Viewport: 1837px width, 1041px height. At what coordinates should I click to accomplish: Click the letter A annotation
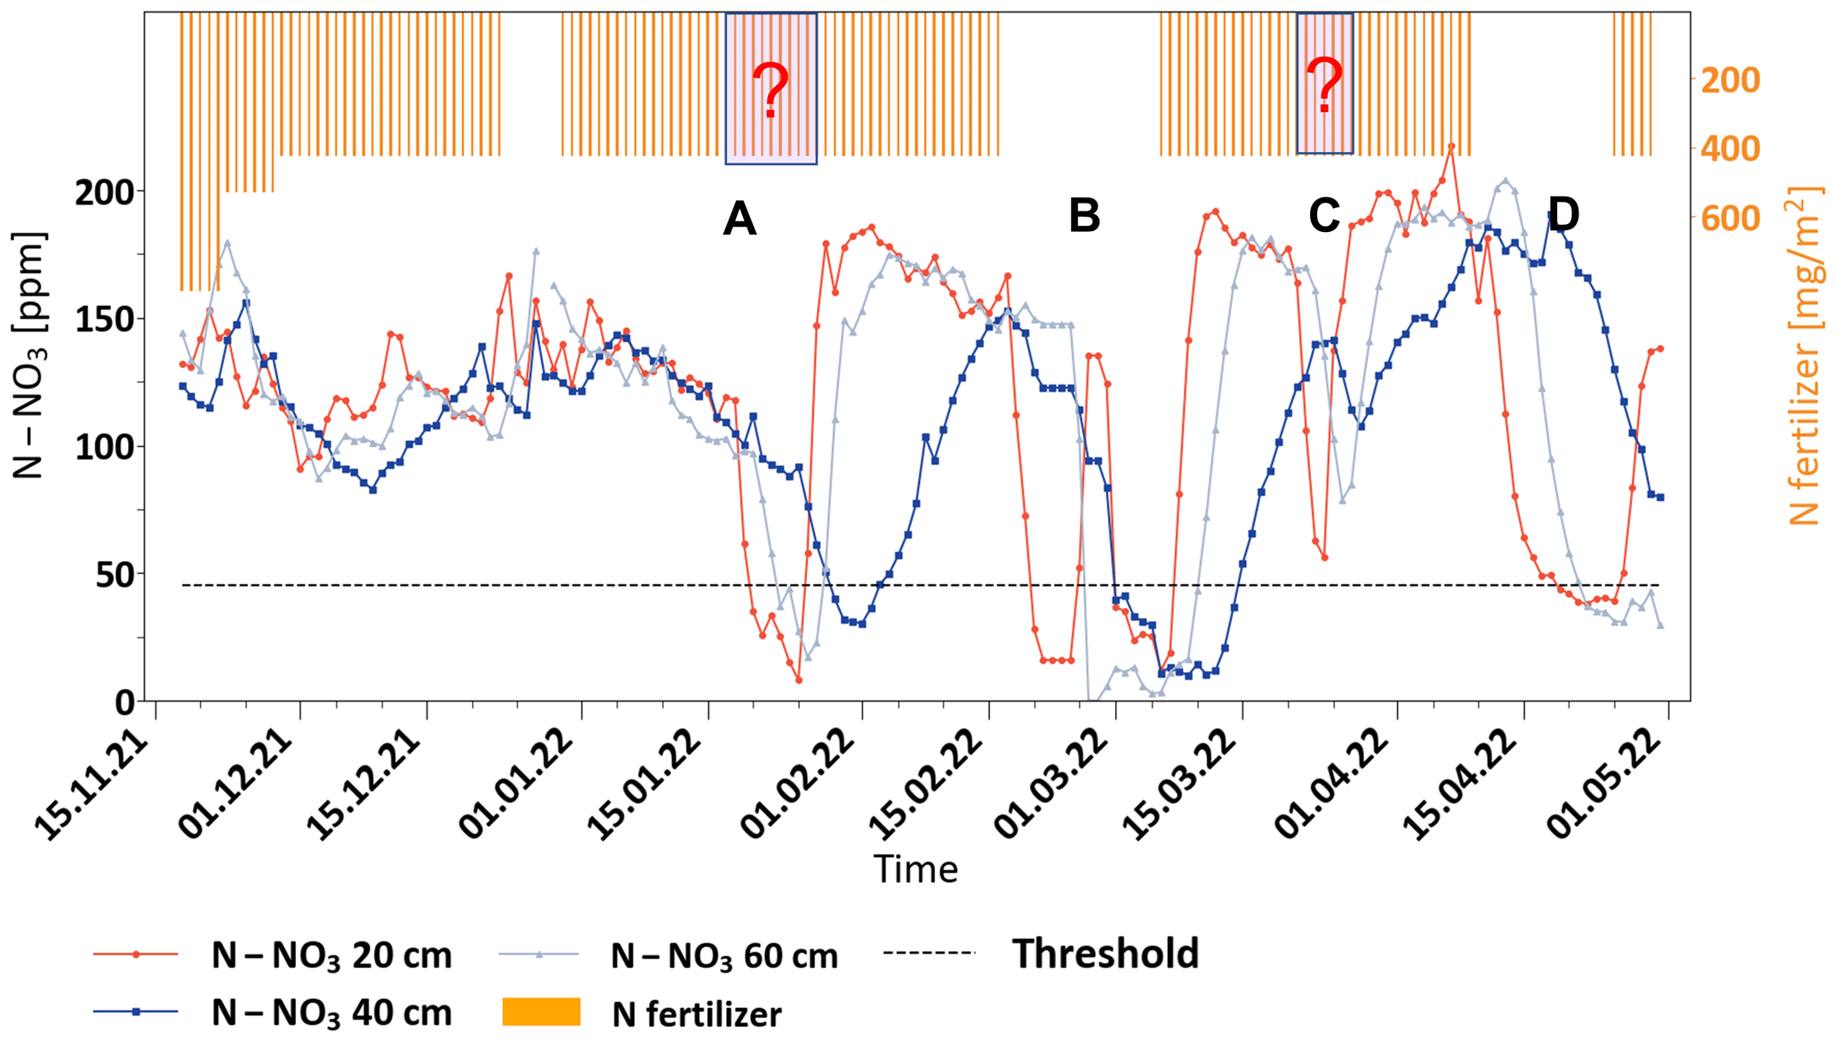pos(739,219)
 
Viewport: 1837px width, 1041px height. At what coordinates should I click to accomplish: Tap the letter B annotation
pos(1084,216)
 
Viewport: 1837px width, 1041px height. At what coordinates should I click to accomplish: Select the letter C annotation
pos(1323,216)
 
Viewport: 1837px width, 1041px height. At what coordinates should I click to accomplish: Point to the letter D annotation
pos(1563,214)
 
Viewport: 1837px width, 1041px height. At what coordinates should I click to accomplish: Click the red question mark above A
pos(770,92)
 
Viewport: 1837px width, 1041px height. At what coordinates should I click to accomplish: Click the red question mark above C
pos(1324,86)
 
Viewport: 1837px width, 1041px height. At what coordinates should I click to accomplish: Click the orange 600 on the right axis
pos(1729,219)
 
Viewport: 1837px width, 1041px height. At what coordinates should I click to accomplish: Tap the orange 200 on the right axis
pos(1729,81)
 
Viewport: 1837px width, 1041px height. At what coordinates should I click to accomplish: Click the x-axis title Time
pos(915,869)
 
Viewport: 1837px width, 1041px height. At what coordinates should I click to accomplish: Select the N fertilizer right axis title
pos(1803,356)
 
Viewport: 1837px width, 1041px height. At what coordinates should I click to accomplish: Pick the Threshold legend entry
pos(1105,954)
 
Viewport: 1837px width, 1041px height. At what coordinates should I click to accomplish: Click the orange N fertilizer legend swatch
pos(541,1013)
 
